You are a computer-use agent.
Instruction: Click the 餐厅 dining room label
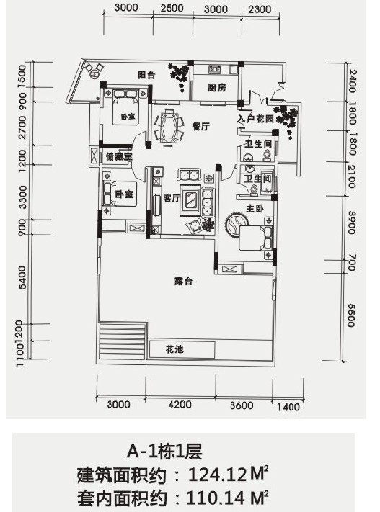click(200, 126)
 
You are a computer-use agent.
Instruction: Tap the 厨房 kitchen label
click(216, 88)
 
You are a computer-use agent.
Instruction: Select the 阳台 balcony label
click(146, 75)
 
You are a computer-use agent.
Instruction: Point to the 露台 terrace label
click(183, 281)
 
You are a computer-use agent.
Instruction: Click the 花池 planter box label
click(174, 350)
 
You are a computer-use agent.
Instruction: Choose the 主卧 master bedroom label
click(255, 208)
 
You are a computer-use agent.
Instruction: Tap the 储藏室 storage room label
click(119, 157)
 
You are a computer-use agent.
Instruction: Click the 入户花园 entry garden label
click(255, 119)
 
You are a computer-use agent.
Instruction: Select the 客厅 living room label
click(172, 198)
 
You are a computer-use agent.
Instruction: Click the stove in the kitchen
click(215, 69)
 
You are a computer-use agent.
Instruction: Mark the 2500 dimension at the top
click(172, 8)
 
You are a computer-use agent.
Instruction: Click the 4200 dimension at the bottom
click(180, 405)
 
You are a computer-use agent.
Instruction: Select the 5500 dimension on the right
click(350, 315)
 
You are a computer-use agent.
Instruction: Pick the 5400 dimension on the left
click(22, 278)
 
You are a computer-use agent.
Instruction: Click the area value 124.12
click(217, 475)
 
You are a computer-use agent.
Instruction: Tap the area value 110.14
click(215, 498)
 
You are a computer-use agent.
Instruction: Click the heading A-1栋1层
click(164, 452)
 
